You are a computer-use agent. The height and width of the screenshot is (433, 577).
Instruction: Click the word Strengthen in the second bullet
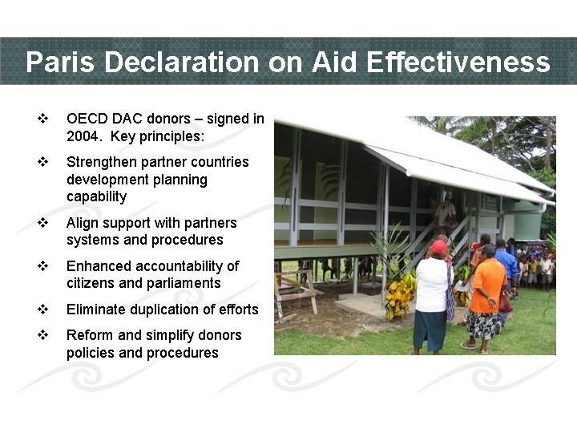point(103,162)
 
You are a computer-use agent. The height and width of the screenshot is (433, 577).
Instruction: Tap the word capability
point(97,196)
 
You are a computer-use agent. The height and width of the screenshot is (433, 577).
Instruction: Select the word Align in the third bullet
point(83,223)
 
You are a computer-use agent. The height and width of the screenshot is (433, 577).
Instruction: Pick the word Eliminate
point(96,310)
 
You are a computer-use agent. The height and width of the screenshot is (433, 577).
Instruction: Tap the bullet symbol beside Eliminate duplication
point(42,310)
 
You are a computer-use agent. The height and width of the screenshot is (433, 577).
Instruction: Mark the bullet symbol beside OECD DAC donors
point(42,119)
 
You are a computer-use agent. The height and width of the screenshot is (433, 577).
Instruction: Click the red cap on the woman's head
point(438,247)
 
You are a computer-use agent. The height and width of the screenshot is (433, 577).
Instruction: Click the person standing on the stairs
point(445,212)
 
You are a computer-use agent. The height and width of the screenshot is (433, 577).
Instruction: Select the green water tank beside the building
point(527,225)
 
